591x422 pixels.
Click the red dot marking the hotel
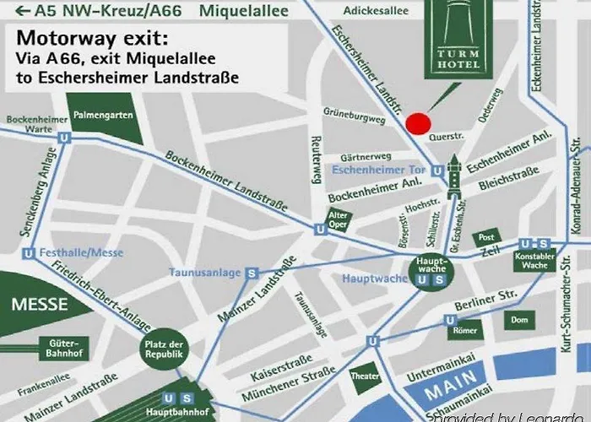pyautogui.click(x=417, y=123)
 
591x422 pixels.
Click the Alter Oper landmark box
pyautogui.click(x=338, y=220)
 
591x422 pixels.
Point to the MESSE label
pyautogui.click(x=35, y=305)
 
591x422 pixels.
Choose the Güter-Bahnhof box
pyautogui.click(x=62, y=347)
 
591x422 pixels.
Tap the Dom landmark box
pyautogui.click(x=519, y=320)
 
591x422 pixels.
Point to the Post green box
pyautogui.click(x=485, y=238)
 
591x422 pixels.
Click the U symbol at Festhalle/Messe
pyautogui.click(x=30, y=252)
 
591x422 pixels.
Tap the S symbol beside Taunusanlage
pyautogui.click(x=251, y=273)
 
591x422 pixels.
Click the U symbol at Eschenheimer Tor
pyautogui.click(x=437, y=170)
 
